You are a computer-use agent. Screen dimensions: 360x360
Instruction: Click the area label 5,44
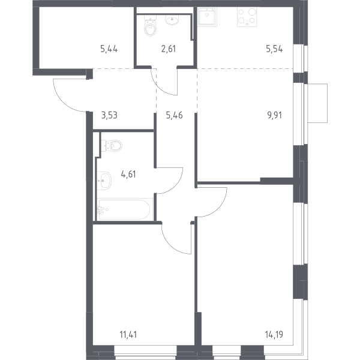click(109, 49)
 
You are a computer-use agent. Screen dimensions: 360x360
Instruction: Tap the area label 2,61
click(169, 49)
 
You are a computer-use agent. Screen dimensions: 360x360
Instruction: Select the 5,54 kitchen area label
click(274, 49)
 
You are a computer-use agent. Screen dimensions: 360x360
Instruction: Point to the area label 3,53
click(110, 115)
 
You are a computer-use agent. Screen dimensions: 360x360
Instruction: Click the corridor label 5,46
click(174, 115)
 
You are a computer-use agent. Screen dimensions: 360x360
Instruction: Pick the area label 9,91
click(275, 115)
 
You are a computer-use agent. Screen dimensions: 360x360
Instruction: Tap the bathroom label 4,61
click(128, 174)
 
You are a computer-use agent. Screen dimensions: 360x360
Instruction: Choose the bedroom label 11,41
click(128, 335)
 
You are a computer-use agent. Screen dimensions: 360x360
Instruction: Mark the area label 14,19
click(274, 335)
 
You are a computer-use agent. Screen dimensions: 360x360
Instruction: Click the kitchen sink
click(208, 17)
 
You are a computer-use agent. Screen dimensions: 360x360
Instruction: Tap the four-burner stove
click(247, 17)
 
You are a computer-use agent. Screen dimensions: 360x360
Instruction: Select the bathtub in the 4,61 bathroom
click(125, 209)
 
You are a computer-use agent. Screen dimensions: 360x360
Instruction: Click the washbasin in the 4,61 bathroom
click(104, 181)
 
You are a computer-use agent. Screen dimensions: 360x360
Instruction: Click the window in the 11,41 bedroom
click(146, 352)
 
